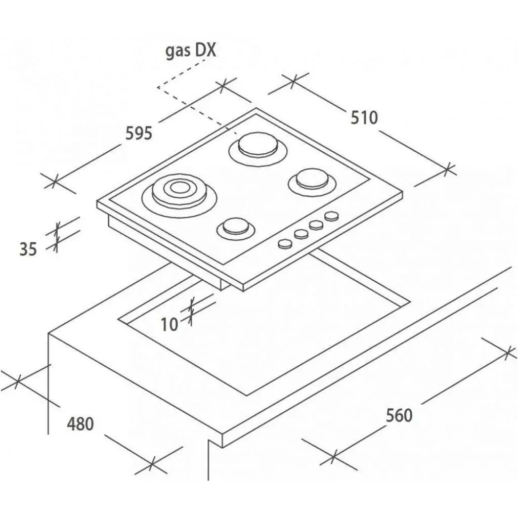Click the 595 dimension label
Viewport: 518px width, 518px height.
pyautogui.click(x=139, y=133)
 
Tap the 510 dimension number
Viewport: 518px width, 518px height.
pyautogui.click(x=364, y=117)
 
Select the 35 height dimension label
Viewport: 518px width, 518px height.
pyautogui.click(x=28, y=249)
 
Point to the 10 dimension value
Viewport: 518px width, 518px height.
pyautogui.click(x=169, y=324)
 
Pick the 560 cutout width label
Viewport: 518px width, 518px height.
pyautogui.click(x=399, y=415)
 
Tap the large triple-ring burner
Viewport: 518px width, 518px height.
pyautogui.click(x=180, y=195)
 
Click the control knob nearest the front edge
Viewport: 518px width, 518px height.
pyautogui.click(x=285, y=244)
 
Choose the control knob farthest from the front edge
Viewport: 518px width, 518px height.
pyautogui.click(x=331, y=216)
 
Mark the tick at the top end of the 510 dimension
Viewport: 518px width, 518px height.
pyautogui.click(x=293, y=79)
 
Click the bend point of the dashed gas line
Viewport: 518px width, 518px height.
pyautogui.click(x=158, y=87)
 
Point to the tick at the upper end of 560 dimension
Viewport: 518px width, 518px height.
pyautogui.click(x=508, y=352)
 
